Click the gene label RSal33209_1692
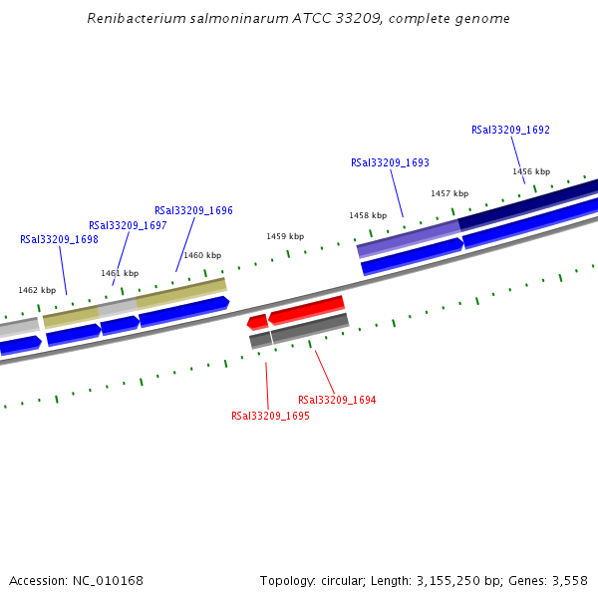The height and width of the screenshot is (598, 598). coord(510,130)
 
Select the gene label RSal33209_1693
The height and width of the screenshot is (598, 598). coord(390,162)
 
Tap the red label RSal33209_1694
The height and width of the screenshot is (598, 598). coord(337,400)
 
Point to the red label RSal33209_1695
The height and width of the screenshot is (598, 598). coord(270,416)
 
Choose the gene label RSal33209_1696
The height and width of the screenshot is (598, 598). coord(193,210)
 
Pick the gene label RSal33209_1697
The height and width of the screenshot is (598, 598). coord(128,225)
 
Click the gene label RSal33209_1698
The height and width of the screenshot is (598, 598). coord(59,239)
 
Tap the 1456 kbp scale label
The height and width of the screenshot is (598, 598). coord(531,171)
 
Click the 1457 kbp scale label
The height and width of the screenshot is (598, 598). coord(448,193)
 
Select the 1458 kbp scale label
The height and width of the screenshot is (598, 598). coord(367,215)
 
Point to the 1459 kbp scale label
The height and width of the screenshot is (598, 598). coord(284,236)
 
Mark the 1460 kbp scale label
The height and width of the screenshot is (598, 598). coord(201,255)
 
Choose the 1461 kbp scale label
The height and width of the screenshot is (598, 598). coord(119,273)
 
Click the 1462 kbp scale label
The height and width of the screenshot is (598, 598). coord(37,290)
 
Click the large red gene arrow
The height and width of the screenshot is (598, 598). coord(307,310)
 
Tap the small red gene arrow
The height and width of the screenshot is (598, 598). coord(257,322)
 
